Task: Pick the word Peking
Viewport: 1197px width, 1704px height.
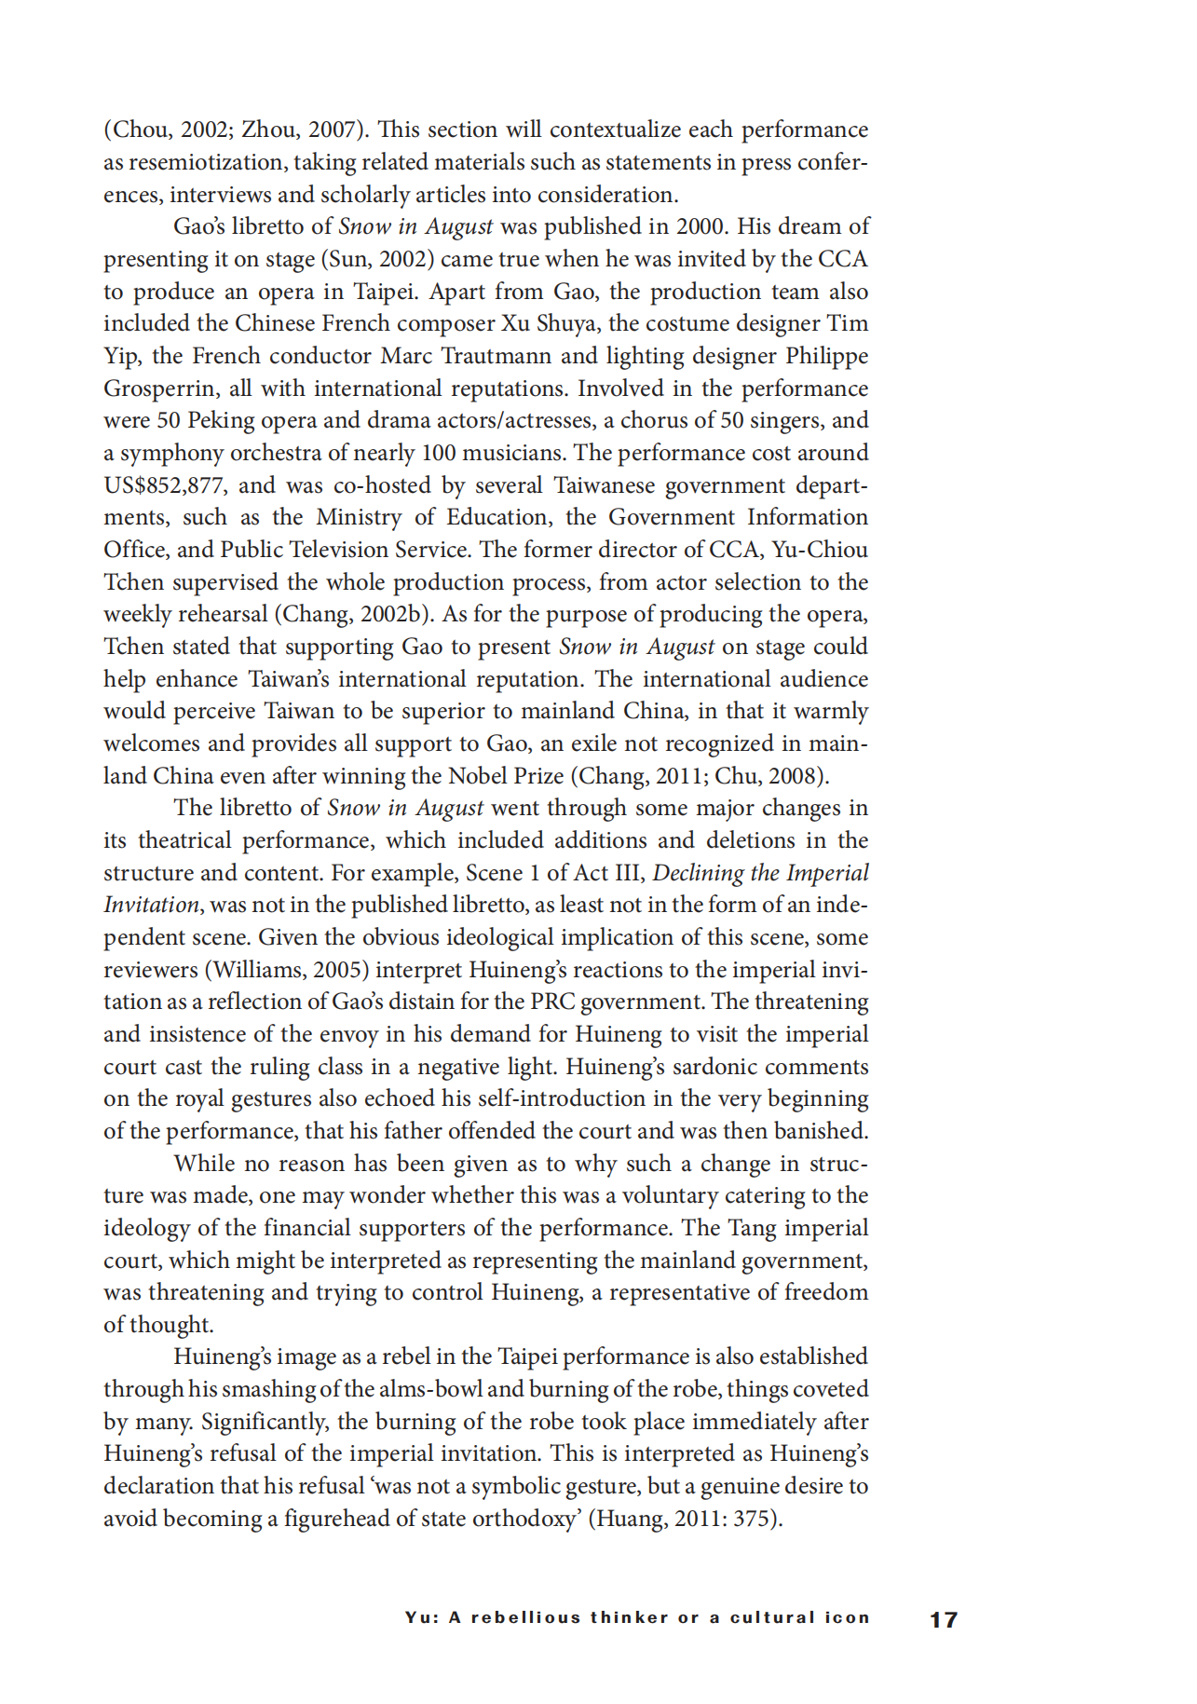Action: [x=221, y=421]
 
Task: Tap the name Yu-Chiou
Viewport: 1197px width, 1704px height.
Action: [x=820, y=551]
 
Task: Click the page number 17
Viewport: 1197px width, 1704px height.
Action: [x=944, y=1620]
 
